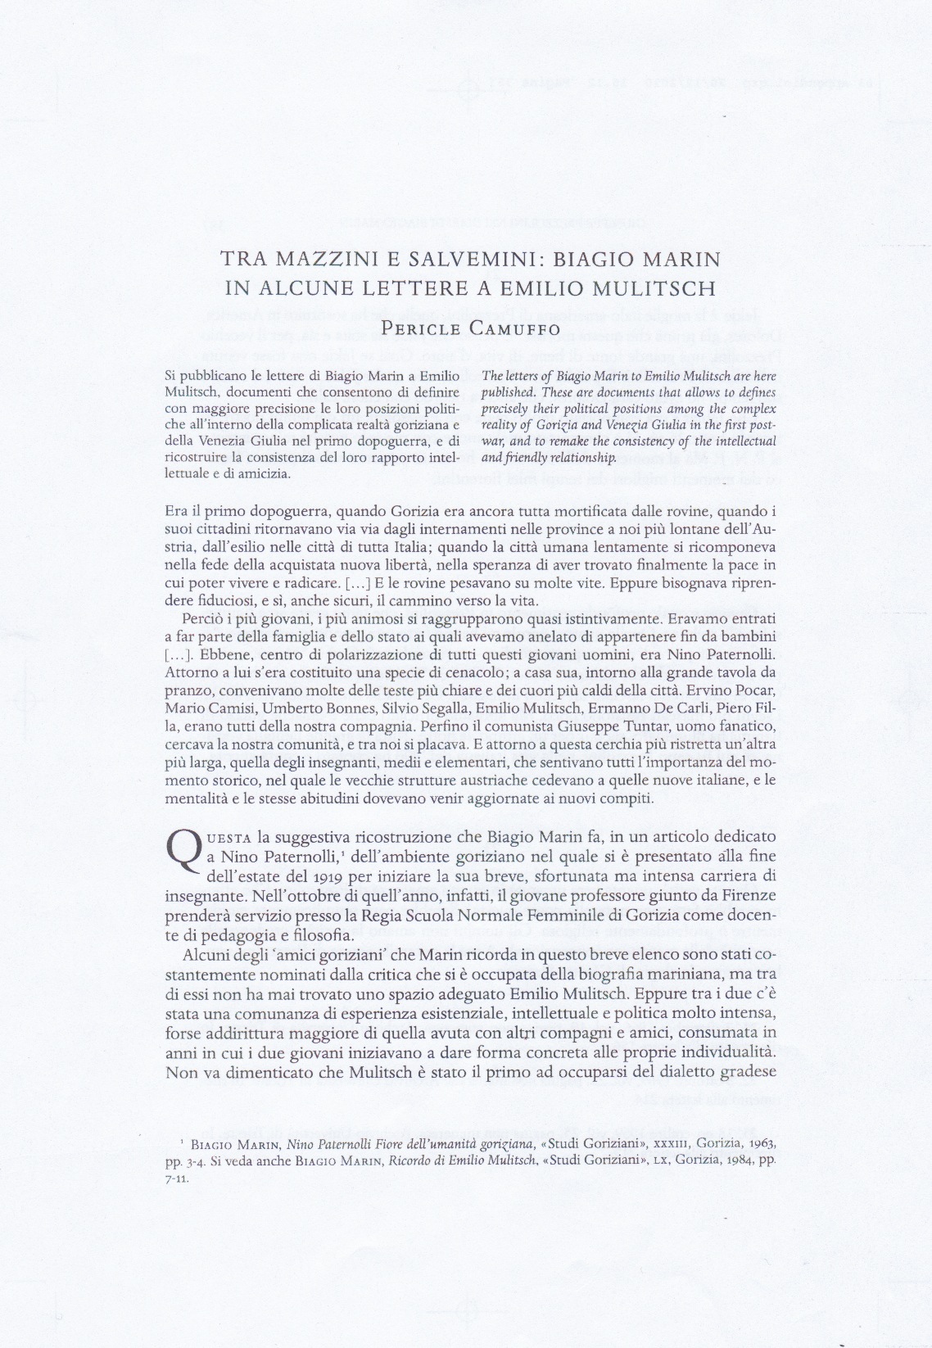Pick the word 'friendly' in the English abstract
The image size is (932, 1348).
523,457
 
